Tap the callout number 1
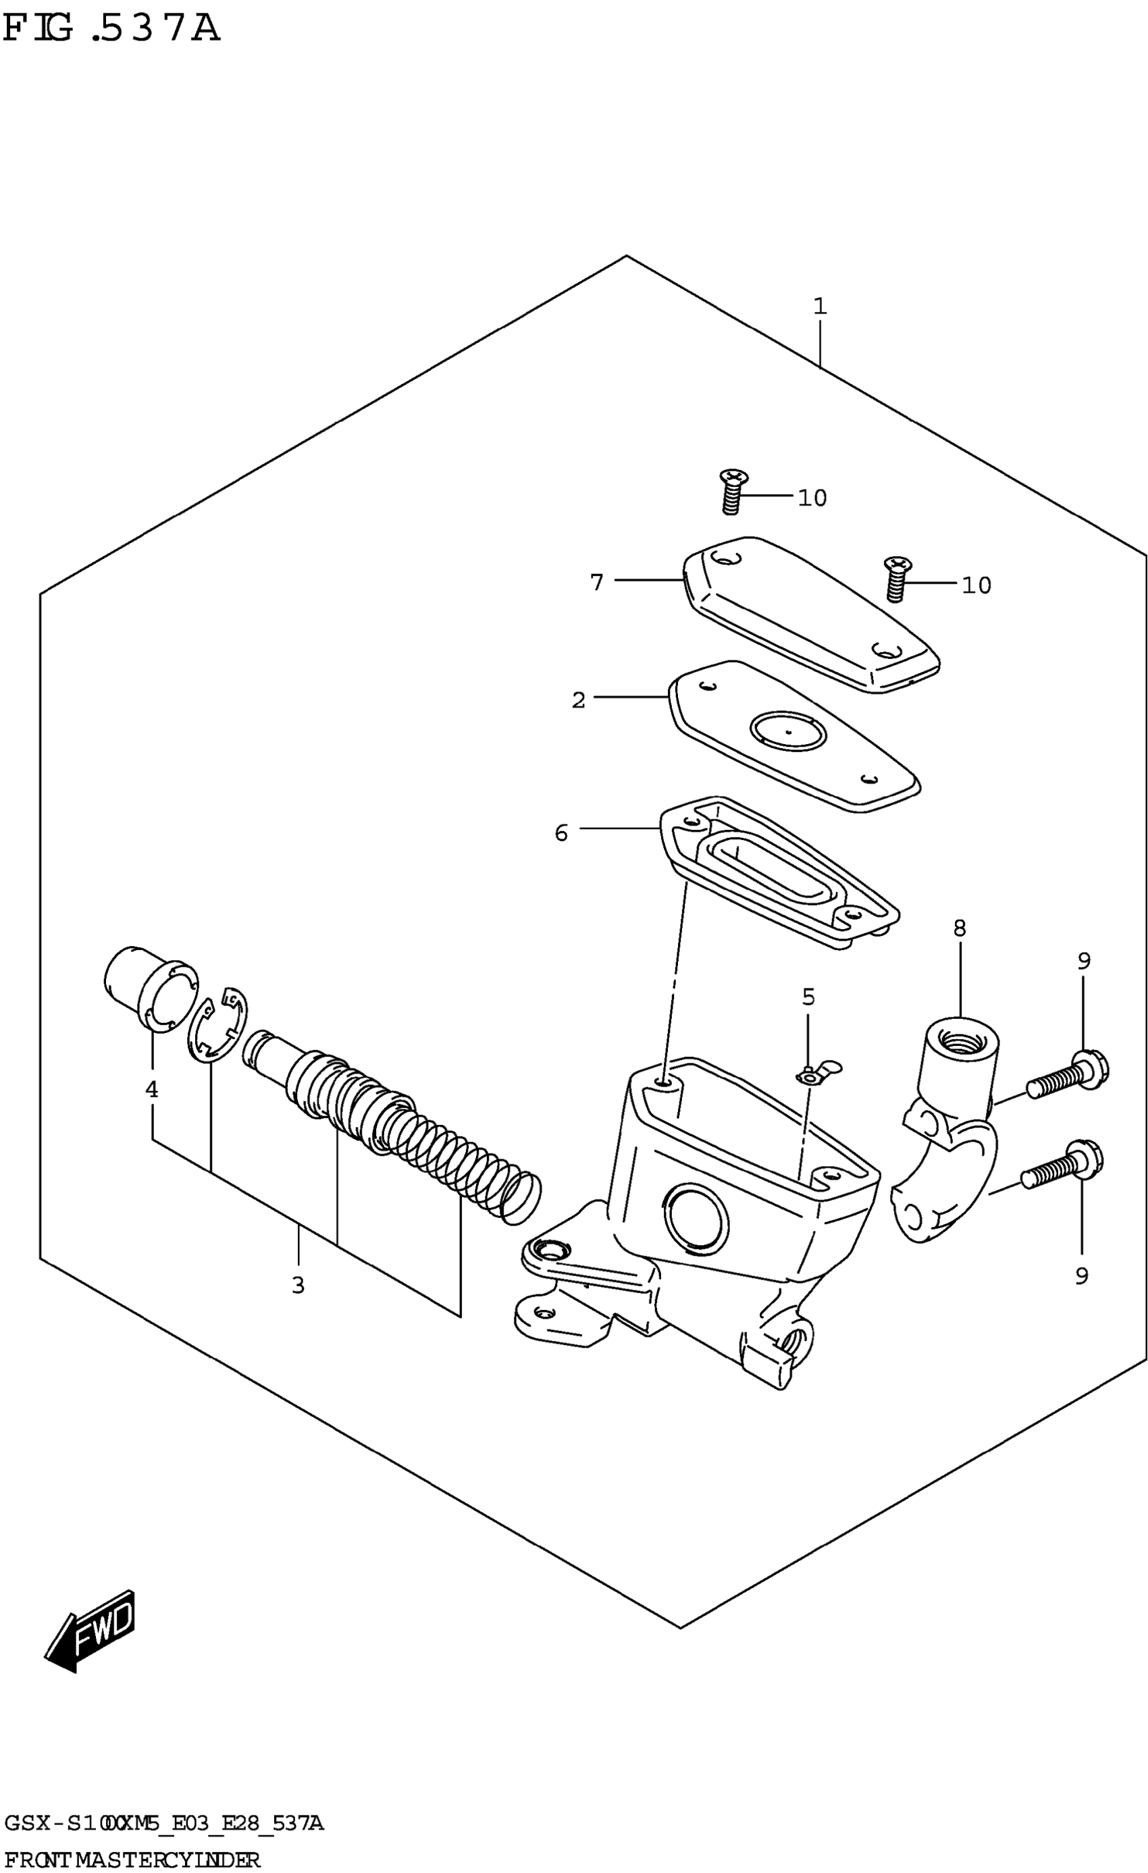(819, 307)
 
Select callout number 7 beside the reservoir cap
(597, 582)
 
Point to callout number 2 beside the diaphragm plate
(579, 700)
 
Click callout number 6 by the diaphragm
(561, 833)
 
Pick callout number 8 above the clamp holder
(960, 928)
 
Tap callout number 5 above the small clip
(808, 997)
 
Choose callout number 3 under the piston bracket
(298, 1286)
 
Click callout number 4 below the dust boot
(152, 1089)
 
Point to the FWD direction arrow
(91, 1630)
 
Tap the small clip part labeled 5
(817, 1074)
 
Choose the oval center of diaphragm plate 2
(787, 731)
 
